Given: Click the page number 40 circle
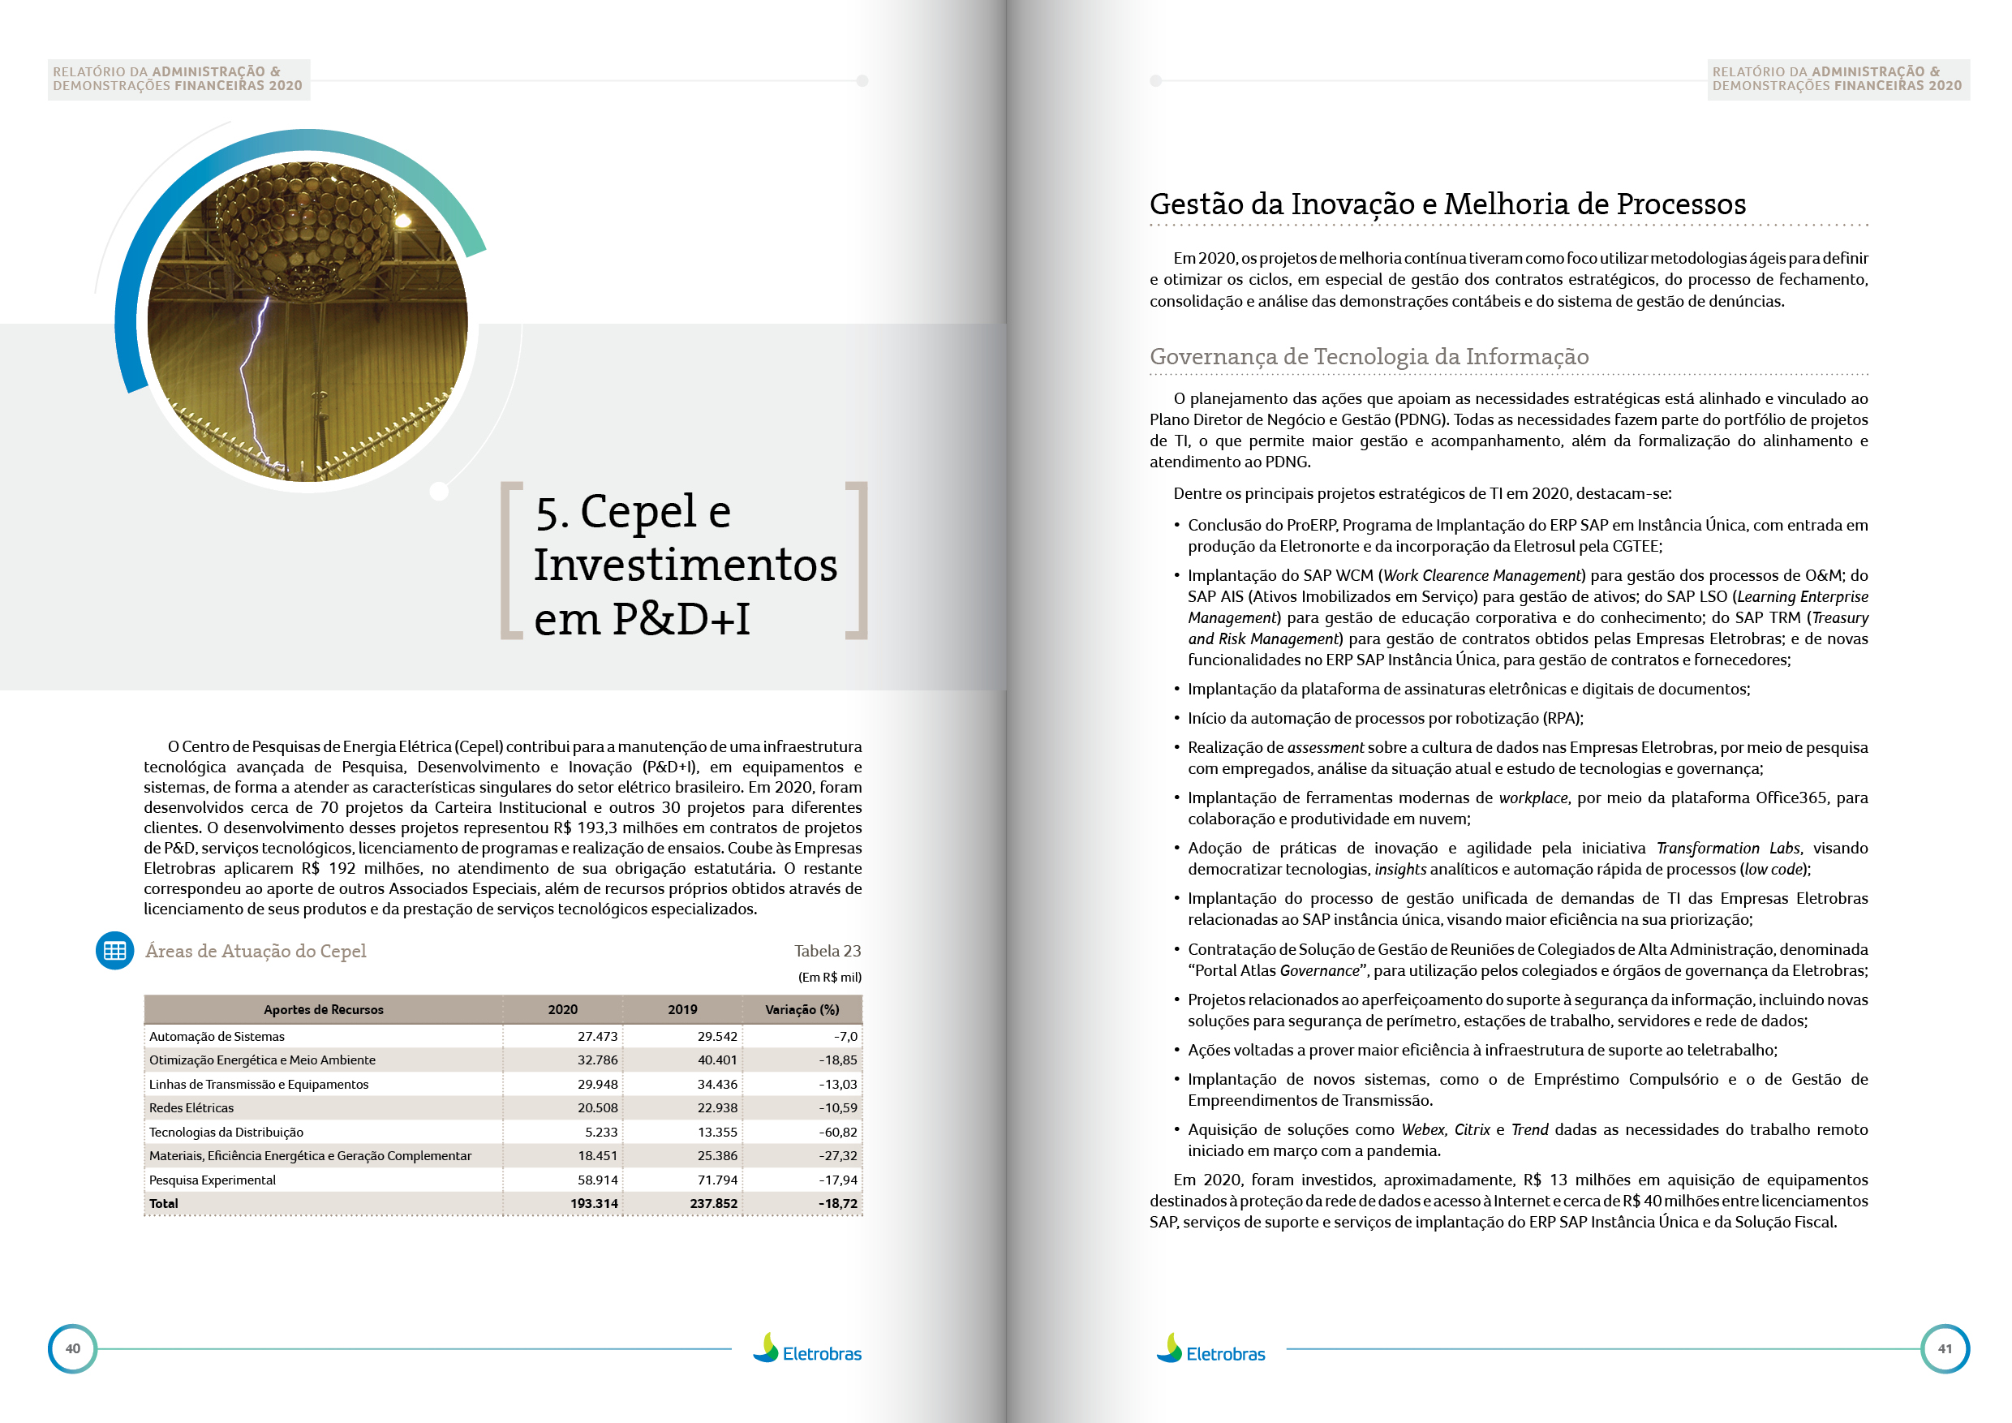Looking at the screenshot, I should (x=73, y=1348).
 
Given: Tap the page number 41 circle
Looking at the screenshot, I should (x=1945, y=1348).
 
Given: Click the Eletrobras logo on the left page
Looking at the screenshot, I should (x=807, y=1350).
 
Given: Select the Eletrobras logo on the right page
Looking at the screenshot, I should (x=1210, y=1350).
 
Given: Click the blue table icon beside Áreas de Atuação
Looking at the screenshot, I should (x=114, y=951).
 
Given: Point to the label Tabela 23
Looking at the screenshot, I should (x=828, y=951).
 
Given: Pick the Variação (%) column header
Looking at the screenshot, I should (x=802, y=1009).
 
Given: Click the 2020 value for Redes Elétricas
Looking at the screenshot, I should (x=597, y=1107).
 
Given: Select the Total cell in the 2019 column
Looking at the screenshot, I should (x=713, y=1203).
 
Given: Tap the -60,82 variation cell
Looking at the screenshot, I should (x=838, y=1132).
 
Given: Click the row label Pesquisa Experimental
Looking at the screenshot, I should (x=212, y=1180).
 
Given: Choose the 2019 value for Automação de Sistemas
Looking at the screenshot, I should (x=717, y=1036).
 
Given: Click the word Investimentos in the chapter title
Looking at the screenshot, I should (x=686, y=565).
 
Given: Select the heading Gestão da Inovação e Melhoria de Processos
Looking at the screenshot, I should (x=1447, y=204).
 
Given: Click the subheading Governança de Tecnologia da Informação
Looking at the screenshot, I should (x=1369, y=357).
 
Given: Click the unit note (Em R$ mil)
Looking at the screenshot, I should (x=829, y=977).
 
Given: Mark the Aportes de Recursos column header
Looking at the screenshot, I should (x=324, y=1009).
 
